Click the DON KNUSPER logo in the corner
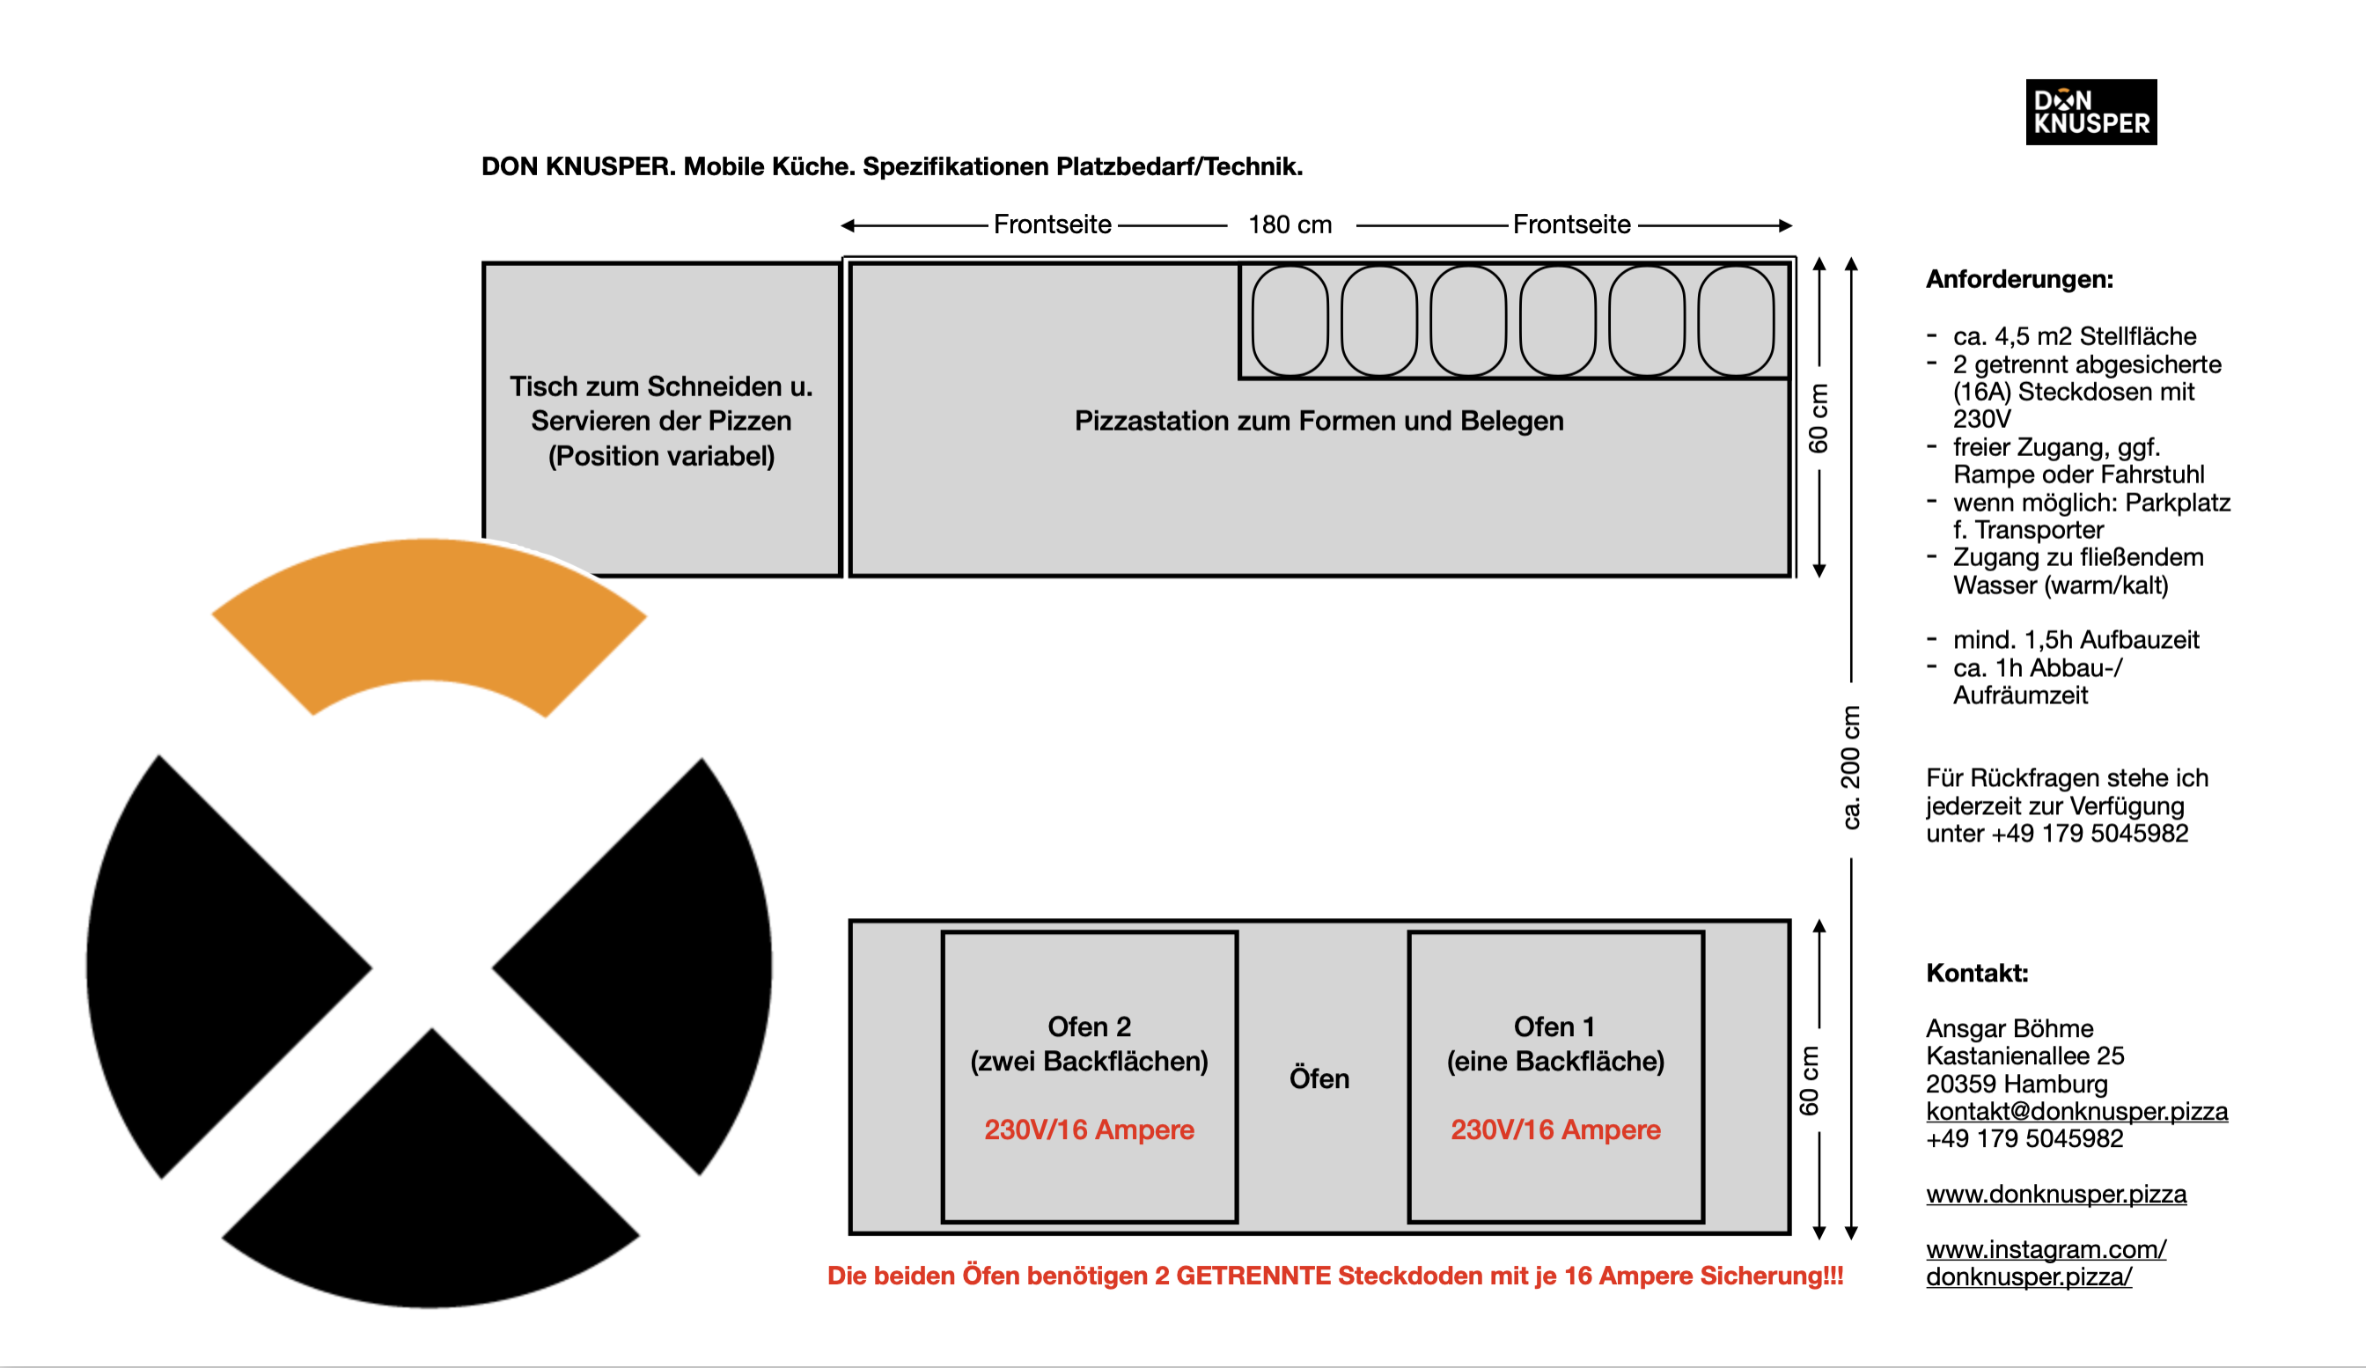[x=2090, y=112]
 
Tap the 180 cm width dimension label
[x=1290, y=225]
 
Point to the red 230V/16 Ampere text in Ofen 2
[x=1089, y=1129]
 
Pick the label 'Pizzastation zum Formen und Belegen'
[x=1319, y=421]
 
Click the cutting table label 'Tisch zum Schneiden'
[x=661, y=386]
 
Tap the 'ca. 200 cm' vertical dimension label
[x=1850, y=768]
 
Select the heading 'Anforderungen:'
[x=2019, y=280]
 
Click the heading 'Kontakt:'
[x=1976, y=973]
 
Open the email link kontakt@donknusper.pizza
[x=2076, y=1112]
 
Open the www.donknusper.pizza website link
[x=2055, y=1195]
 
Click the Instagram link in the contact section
[x=2045, y=1263]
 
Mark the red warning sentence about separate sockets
[x=1334, y=1276]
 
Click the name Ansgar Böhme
[x=2010, y=1028]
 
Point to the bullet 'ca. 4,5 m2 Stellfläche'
[x=2074, y=336]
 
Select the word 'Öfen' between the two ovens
[x=1319, y=1078]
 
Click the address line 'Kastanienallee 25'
[x=2024, y=1056]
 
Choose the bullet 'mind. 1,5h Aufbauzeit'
[x=2075, y=640]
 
